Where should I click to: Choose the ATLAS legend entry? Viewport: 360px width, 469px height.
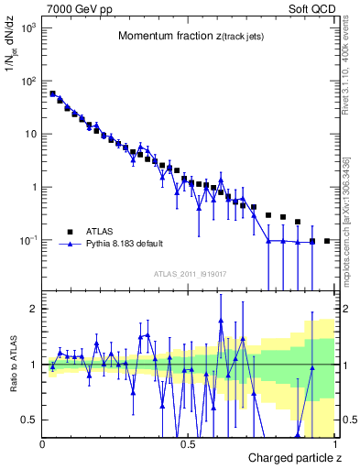102,232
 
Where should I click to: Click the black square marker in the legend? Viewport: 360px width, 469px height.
69,232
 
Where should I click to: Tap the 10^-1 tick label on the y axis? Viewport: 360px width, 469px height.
27,241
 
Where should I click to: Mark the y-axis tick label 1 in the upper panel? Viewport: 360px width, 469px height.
33,188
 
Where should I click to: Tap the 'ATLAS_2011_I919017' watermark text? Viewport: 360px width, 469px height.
189,273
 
